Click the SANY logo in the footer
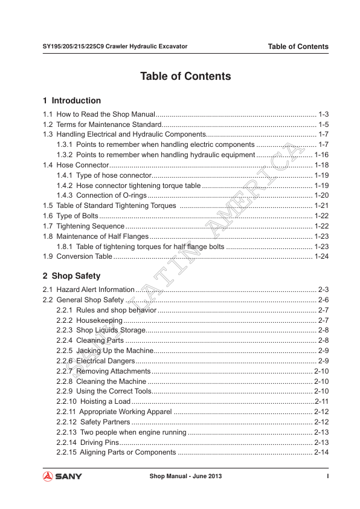coord(62,476)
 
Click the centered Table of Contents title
coord(185,77)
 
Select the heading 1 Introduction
coord(72,100)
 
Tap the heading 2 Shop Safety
coord(71,276)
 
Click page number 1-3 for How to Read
coord(323,114)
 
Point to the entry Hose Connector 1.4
coord(76,165)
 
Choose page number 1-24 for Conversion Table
coord(321,256)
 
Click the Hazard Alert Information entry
coord(88,290)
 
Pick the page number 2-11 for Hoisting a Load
coord(321,401)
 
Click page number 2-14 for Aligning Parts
coord(321,452)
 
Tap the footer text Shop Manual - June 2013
coord(185,476)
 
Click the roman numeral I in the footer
coord(327,476)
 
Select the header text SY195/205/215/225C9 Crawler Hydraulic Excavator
coord(115,46)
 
